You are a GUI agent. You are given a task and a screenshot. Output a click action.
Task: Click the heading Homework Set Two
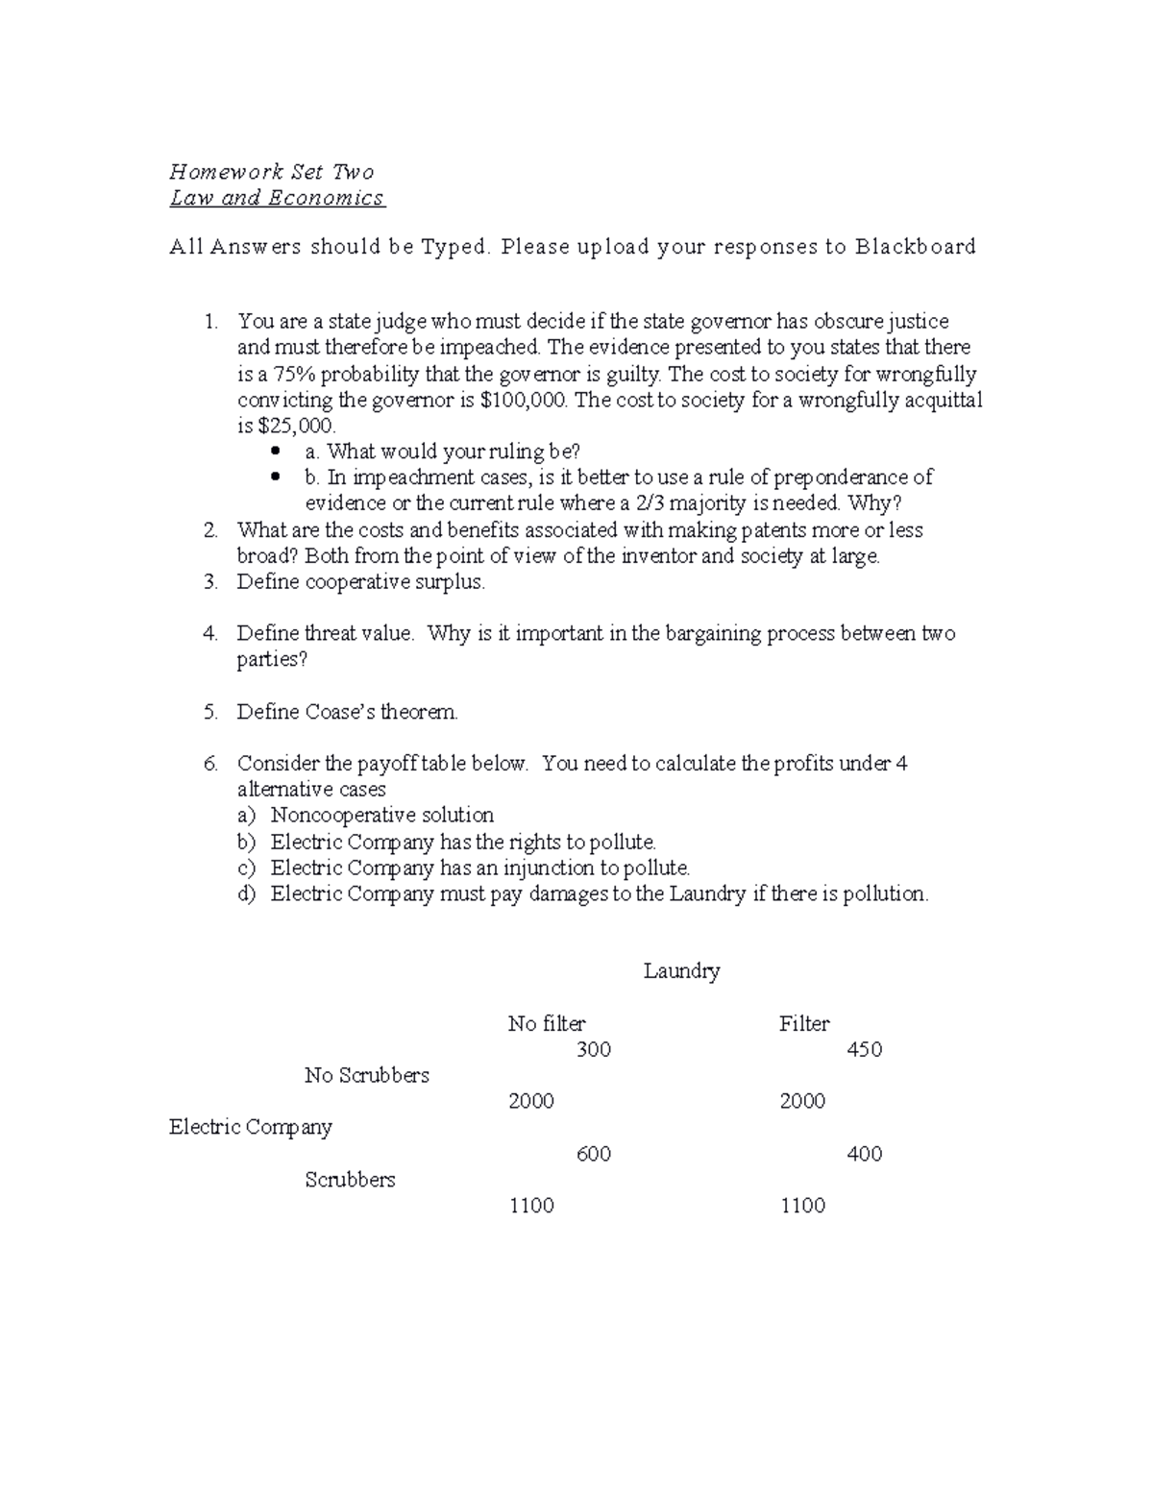tap(272, 172)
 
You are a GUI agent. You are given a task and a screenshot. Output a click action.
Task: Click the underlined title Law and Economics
tap(277, 198)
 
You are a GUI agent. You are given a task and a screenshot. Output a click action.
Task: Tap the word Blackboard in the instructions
tap(916, 247)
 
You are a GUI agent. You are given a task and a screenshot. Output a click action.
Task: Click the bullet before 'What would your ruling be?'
tap(277, 451)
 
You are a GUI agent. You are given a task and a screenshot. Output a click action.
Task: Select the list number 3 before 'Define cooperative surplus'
tap(210, 582)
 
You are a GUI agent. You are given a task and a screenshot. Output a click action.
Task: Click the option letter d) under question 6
tap(247, 894)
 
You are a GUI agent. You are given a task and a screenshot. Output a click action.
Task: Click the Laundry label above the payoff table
tap(681, 971)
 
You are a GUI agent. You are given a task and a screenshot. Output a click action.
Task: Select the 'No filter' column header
tap(546, 1024)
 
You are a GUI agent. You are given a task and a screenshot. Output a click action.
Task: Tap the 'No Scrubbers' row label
tap(366, 1076)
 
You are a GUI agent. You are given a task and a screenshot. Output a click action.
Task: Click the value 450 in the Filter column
tap(864, 1050)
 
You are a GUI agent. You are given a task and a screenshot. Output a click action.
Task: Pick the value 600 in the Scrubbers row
tap(593, 1154)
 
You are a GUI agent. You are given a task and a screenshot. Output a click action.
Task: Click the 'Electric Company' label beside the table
tap(250, 1127)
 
